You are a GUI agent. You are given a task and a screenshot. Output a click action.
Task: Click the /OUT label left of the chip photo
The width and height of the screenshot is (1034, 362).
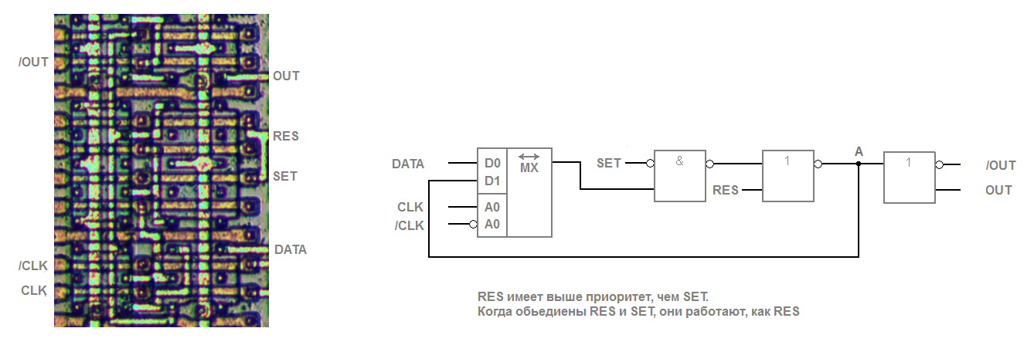pyautogui.click(x=33, y=62)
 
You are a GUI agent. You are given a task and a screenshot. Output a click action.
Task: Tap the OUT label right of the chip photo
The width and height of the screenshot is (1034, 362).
pyautogui.click(x=286, y=76)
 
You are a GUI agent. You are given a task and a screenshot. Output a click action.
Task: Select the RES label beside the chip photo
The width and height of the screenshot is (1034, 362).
pyautogui.click(x=285, y=136)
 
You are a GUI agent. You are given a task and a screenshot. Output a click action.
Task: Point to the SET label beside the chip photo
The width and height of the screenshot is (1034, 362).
pyautogui.click(x=285, y=176)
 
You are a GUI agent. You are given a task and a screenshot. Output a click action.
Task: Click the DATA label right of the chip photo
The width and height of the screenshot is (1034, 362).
pyautogui.click(x=291, y=249)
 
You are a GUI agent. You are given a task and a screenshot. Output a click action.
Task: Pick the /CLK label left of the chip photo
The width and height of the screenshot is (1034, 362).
pyautogui.click(x=33, y=266)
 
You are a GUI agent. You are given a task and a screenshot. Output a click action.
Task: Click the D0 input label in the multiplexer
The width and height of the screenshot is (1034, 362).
pyautogui.click(x=492, y=164)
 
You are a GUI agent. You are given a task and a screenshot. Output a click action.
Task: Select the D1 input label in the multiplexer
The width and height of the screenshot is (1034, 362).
pyautogui.click(x=492, y=181)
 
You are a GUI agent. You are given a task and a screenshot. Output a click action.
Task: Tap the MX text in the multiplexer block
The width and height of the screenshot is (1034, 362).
pyautogui.click(x=529, y=167)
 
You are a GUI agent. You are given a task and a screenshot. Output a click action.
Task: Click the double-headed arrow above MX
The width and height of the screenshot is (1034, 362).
pyautogui.click(x=529, y=157)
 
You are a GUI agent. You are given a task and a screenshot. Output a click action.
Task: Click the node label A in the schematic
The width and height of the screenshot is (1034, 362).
pyautogui.click(x=859, y=151)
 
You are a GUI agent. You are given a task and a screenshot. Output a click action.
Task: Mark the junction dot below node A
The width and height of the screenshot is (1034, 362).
pyautogui.click(x=859, y=164)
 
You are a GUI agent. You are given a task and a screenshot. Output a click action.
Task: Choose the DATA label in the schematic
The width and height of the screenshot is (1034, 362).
pyautogui.click(x=408, y=164)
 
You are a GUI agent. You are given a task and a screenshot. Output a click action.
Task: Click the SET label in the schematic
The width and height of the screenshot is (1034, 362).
pyautogui.click(x=609, y=164)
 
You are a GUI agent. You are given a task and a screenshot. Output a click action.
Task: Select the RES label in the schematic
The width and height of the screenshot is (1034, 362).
pyautogui.click(x=726, y=190)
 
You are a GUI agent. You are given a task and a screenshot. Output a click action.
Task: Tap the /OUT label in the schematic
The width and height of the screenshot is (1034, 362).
pyautogui.click(x=1001, y=165)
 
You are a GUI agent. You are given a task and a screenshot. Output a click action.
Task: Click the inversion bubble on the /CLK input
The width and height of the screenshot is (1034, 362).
pyautogui.click(x=473, y=225)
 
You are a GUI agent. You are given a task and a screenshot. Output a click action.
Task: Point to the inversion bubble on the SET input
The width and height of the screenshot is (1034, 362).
pyautogui.click(x=650, y=164)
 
